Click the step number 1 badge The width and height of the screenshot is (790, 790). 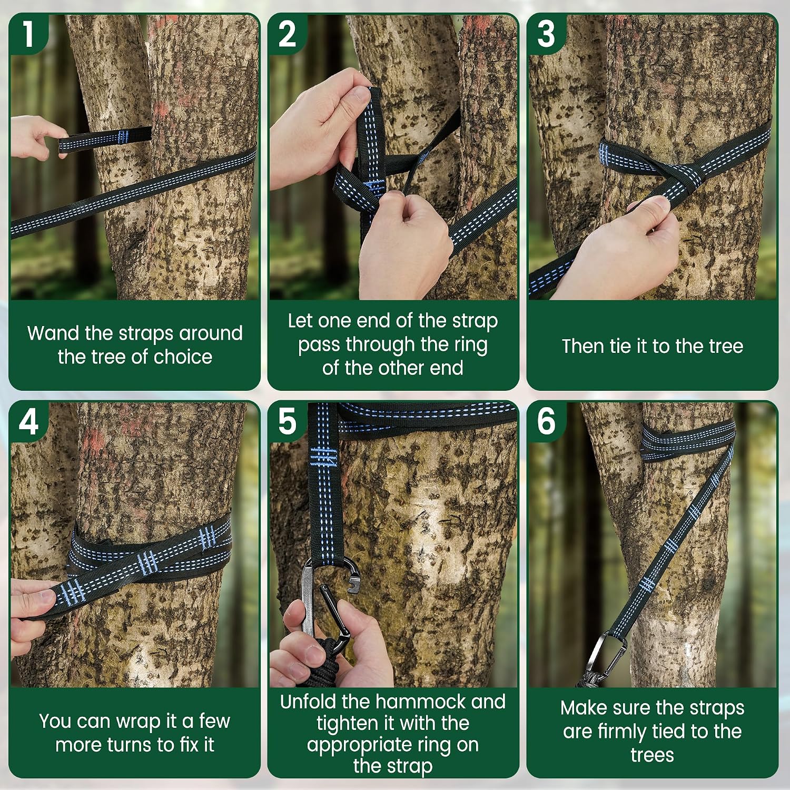(28, 33)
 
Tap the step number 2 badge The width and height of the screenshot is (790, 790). (287, 33)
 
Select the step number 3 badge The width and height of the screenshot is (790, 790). (546, 33)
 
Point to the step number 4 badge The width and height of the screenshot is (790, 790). (28, 421)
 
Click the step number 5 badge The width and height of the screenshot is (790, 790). (287, 421)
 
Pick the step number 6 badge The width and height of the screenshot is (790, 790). (546, 421)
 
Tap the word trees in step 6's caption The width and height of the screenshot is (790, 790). (652, 755)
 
